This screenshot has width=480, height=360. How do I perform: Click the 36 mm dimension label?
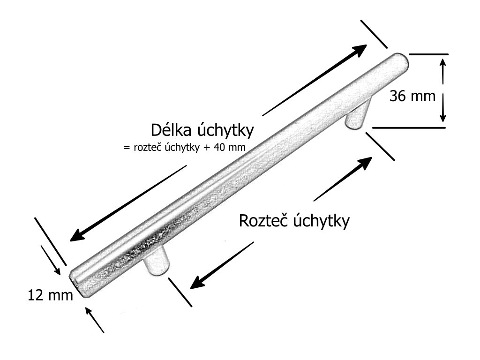coord(413,96)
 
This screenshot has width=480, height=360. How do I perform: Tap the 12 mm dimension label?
coord(51,295)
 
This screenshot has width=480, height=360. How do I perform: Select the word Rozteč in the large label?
coord(262,220)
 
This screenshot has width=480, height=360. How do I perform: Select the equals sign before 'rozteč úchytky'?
coord(125,147)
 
